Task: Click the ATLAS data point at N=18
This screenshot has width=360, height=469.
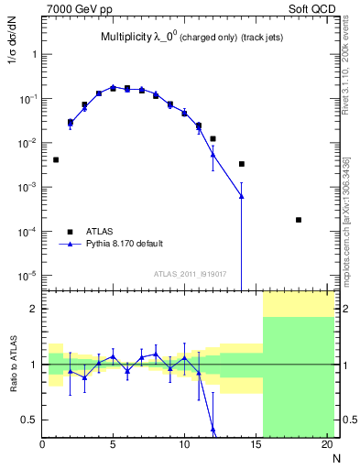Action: (x=299, y=220)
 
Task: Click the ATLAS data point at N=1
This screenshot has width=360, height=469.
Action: (x=56, y=159)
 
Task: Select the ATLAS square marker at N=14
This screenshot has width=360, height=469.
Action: (x=242, y=164)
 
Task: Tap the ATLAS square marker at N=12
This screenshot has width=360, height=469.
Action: (x=213, y=139)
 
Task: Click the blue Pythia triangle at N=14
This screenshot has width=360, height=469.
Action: (x=242, y=196)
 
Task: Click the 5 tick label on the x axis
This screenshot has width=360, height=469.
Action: (x=113, y=446)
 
